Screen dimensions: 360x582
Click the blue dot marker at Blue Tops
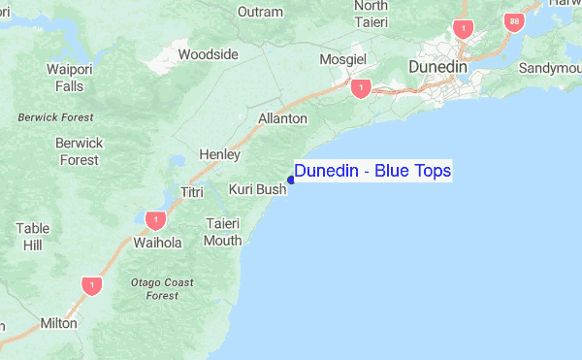pyautogui.click(x=291, y=180)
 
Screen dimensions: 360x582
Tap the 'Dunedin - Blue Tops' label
pyautogui.click(x=372, y=171)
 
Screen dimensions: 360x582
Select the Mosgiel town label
pyautogui.click(x=342, y=60)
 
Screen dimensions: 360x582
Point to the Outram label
pyautogui.click(x=261, y=13)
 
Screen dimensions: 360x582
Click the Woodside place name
pyautogui.click(x=208, y=54)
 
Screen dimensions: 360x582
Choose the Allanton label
pyautogui.click(x=282, y=118)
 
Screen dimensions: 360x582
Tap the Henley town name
pyautogui.click(x=218, y=154)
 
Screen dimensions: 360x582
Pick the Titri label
pyautogui.click(x=192, y=192)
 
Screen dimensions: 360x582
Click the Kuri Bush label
pyautogui.click(x=257, y=189)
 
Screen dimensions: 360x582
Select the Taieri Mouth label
pyautogui.click(x=223, y=231)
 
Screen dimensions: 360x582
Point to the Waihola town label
pyautogui.click(x=157, y=243)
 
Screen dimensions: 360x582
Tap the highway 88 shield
pyautogui.click(x=512, y=22)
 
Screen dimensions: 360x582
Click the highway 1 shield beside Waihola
pyautogui.click(x=153, y=220)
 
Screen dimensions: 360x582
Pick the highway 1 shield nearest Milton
pyautogui.click(x=91, y=285)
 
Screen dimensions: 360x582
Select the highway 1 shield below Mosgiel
pyautogui.click(x=361, y=88)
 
